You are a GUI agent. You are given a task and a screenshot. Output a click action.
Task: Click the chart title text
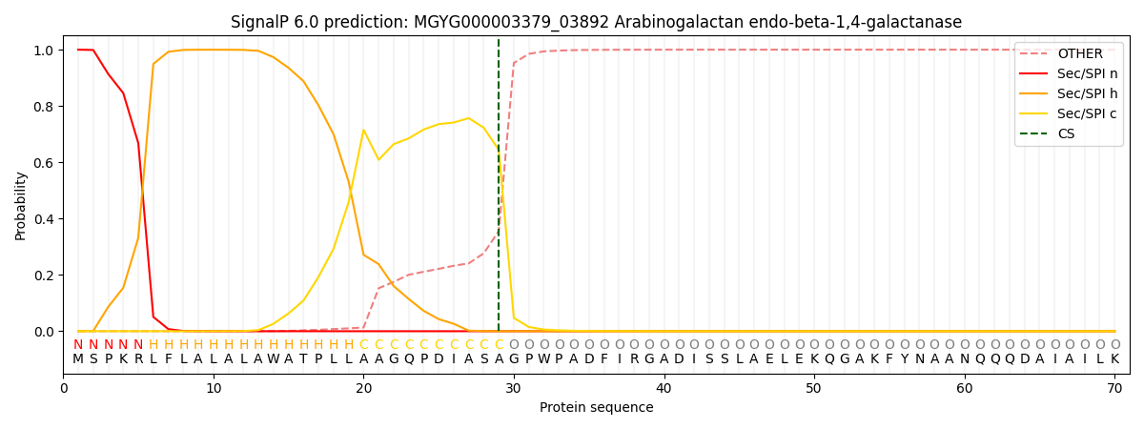596,22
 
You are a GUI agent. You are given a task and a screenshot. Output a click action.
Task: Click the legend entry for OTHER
1079,54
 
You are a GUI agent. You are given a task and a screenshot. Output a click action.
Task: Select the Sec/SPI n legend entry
1087,74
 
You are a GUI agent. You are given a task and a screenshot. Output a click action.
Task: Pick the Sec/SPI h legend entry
1087,94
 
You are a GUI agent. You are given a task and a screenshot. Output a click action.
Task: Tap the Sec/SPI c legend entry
1087,114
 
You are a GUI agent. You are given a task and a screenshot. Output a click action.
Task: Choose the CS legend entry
1066,134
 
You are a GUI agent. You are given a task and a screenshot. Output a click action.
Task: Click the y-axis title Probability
21,205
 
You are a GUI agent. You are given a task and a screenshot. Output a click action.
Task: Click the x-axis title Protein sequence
596,408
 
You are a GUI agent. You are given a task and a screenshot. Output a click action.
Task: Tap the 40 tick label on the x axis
664,389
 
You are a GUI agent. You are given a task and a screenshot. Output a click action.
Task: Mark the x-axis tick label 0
64,389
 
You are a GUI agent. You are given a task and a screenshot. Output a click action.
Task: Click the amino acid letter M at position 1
78,359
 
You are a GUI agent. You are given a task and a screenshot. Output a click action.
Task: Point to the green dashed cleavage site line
499,191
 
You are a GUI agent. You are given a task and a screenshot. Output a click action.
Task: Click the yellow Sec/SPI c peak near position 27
468,118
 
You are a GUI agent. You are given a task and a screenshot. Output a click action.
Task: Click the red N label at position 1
78,345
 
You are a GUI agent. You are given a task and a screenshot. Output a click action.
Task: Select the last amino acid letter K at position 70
1114,359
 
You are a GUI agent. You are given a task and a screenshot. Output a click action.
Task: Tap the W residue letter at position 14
274,359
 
